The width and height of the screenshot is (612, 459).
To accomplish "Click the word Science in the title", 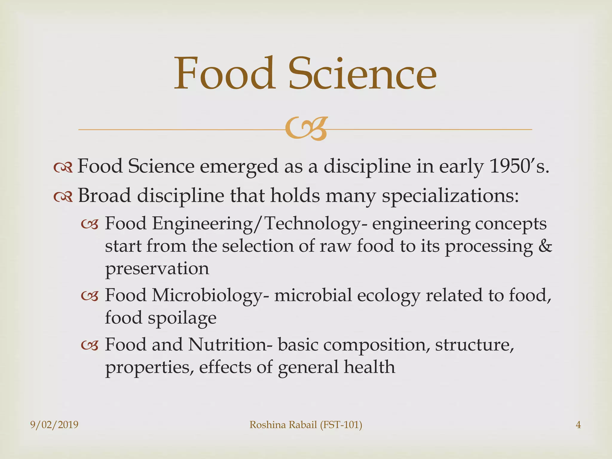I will [362, 74].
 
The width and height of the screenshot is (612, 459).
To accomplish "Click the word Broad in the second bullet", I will [104, 196].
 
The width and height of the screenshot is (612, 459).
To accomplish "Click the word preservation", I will [157, 269].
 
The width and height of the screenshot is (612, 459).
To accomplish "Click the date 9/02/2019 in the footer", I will [54, 425].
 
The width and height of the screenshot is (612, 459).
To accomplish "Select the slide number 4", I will [578, 425].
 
